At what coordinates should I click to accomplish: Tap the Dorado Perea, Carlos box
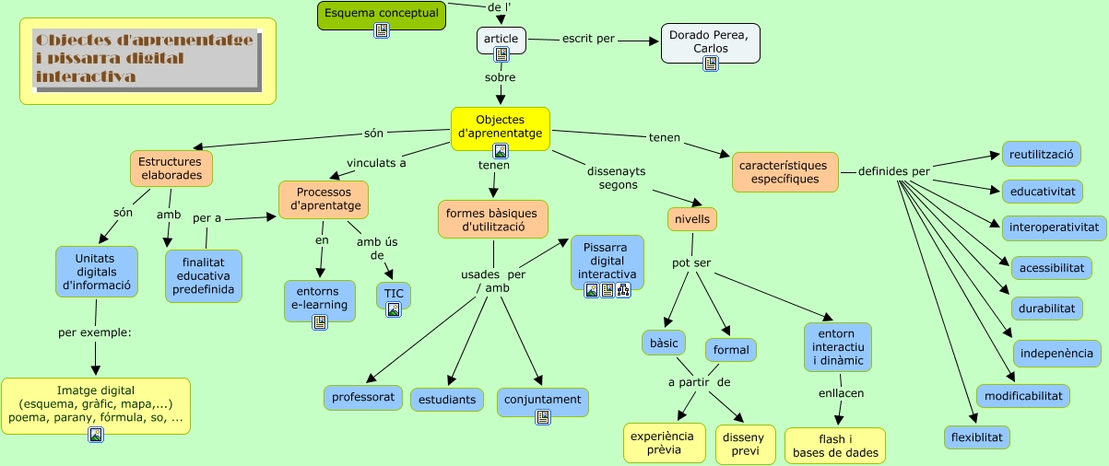click(710, 42)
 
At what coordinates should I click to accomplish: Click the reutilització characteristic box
click(1042, 154)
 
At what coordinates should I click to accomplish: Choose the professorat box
click(363, 398)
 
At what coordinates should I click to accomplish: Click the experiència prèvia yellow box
click(665, 443)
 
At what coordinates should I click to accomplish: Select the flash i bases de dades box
click(835, 446)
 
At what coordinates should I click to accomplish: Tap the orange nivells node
click(692, 219)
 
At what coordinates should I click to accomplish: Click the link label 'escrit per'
click(588, 40)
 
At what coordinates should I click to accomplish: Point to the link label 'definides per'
click(893, 171)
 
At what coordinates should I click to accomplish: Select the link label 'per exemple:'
click(95, 332)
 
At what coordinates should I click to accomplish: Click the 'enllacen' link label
click(841, 393)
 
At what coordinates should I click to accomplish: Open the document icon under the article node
click(501, 55)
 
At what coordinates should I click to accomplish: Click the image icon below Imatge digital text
click(95, 435)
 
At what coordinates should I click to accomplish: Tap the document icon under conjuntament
click(543, 417)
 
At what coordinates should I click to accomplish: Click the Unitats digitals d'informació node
click(97, 272)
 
